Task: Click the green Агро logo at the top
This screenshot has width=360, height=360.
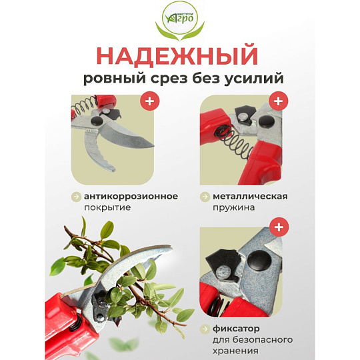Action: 180,21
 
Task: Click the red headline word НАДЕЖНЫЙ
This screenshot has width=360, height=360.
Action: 177,56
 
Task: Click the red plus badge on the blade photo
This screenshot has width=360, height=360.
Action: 150,101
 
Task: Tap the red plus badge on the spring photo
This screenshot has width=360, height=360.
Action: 279,101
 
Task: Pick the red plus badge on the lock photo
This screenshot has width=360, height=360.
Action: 279,227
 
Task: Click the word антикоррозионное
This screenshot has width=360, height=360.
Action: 131,197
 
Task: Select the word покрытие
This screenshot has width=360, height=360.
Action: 107,208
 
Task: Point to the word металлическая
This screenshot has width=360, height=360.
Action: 250,197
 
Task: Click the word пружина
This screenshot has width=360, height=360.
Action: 233,208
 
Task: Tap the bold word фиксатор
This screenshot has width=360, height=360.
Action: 236,329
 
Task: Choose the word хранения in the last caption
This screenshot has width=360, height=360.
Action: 235,351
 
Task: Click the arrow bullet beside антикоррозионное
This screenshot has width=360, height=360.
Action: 76,197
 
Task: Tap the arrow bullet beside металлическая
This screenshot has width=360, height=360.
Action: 205,197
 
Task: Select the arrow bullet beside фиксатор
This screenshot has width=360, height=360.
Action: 205,329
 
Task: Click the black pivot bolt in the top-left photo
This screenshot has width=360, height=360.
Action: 97,120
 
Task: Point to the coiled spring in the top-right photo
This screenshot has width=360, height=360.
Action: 234,143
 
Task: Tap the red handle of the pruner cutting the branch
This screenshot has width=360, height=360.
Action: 69,326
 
